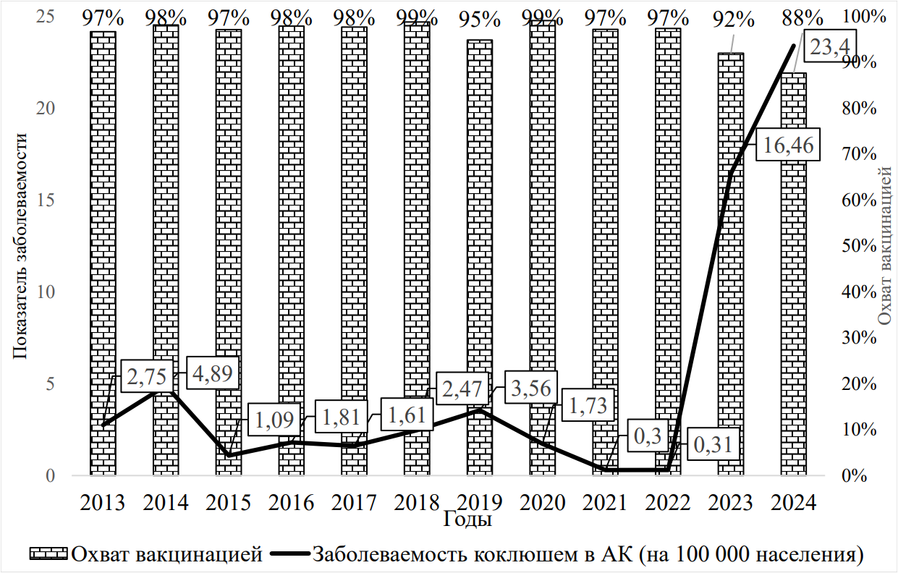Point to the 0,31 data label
(713, 446)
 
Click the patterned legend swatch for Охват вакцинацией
(49, 555)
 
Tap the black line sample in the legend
(289, 555)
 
